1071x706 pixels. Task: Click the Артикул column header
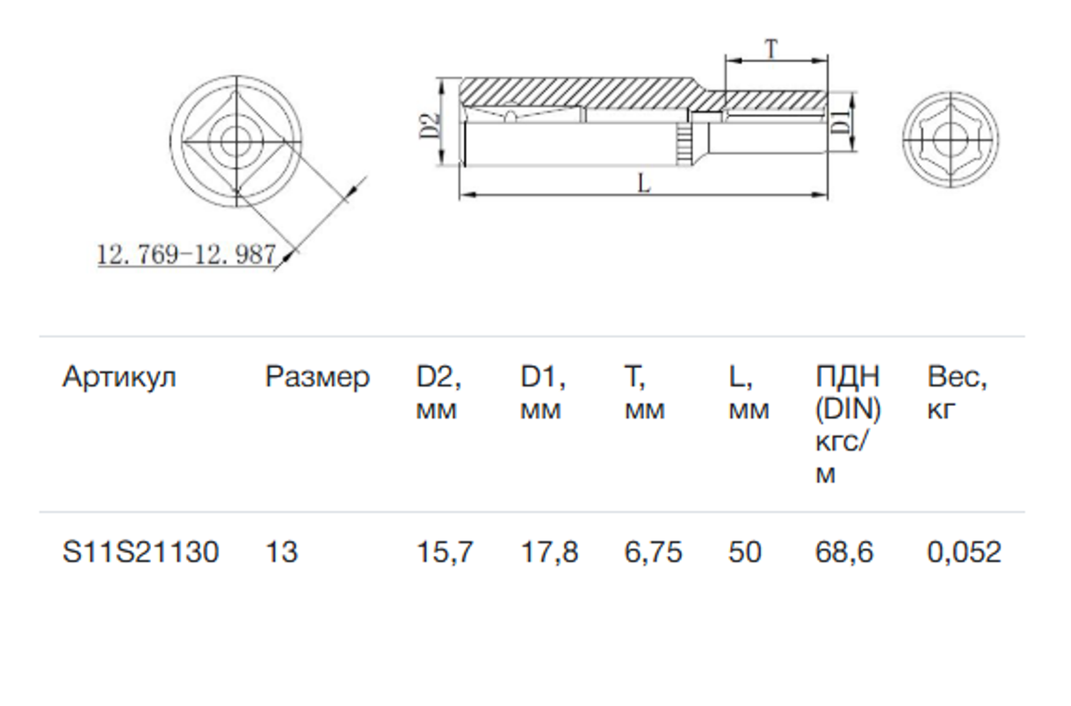[119, 378]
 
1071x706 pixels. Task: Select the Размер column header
[317, 378]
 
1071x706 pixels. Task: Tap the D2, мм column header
[439, 393]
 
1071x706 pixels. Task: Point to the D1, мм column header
[543, 393]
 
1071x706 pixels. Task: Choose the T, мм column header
[645, 393]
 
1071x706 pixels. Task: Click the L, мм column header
[749, 393]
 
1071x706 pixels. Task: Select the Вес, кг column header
[957, 393]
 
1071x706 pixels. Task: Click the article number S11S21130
[141, 552]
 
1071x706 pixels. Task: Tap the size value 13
[282, 552]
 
